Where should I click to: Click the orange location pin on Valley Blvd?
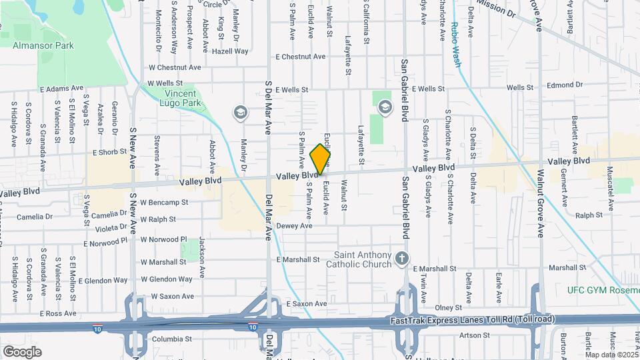tap(321, 159)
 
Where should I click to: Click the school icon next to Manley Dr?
tap(239, 113)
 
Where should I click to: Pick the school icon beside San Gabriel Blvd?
tap(385, 106)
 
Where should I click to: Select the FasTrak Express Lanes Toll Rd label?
tap(471, 321)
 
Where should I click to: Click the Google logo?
tap(23, 351)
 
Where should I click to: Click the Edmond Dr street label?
tap(565, 85)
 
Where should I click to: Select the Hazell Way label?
tap(231, 51)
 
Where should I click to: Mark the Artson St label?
tap(470, 335)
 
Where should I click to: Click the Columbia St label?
tap(172, 339)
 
